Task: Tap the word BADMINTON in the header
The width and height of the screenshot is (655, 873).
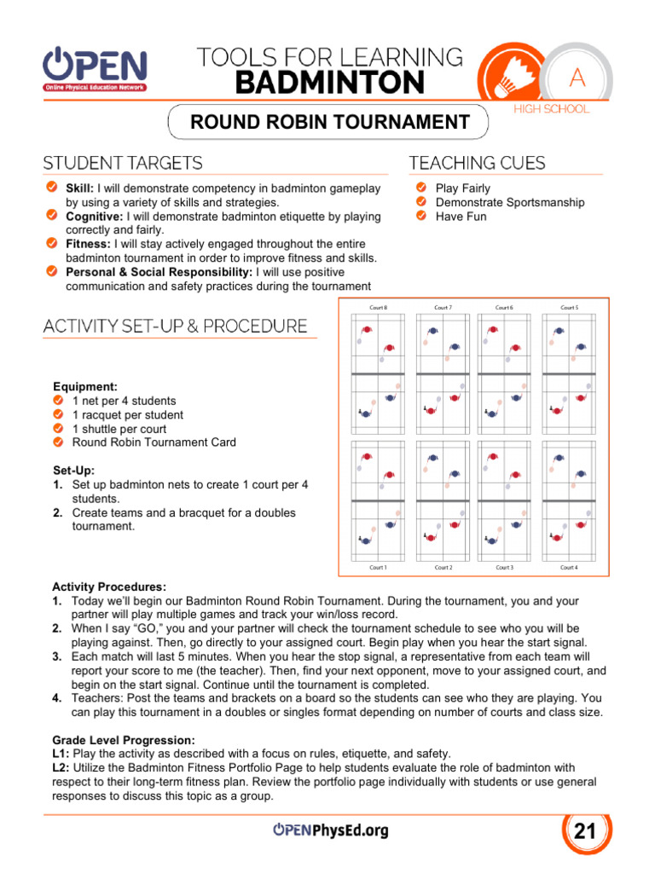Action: point(329,83)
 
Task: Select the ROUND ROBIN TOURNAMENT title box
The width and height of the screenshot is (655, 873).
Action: point(329,122)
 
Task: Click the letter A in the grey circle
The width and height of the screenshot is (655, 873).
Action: point(577,79)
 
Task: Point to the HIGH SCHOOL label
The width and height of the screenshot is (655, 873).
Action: point(551,109)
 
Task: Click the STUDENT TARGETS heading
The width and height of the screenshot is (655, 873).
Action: point(123,163)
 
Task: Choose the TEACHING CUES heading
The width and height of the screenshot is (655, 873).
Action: point(477,163)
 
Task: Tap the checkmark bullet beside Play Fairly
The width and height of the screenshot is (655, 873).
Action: point(420,188)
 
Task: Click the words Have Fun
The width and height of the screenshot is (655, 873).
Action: point(461,217)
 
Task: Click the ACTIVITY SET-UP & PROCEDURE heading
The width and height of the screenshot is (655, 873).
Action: point(175,326)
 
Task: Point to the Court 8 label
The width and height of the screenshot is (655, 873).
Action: point(378,307)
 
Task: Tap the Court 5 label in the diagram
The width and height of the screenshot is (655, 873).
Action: point(569,307)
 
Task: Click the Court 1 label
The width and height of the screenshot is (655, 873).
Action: point(378,567)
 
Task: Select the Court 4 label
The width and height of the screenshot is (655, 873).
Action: point(569,567)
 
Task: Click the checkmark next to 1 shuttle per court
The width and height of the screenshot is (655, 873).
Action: point(58,429)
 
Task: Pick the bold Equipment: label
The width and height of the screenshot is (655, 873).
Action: point(85,386)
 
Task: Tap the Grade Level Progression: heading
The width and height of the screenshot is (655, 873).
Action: point(123,739)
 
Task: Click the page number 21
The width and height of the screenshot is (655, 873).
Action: point(585,831)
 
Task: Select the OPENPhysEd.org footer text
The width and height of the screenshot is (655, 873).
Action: point(330,830)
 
